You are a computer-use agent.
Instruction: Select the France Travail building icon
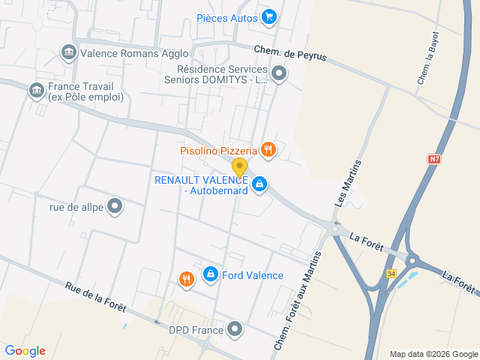pyautogui.click(x=36, y=91)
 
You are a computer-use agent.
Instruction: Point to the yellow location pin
pyautogui.click(x=239, y=167)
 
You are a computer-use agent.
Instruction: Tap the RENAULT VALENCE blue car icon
pyautogui.click(x=259, y=184)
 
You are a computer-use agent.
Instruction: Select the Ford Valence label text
pyautogui.click(x=253, y=275)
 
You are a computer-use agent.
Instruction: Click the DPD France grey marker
pyautogui.click(x=235, y=329)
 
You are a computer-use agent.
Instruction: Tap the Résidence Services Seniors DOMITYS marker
pyautogui.click(x=279, y=73)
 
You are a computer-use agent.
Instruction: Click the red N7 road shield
pyautogui.click(x=435, y=159)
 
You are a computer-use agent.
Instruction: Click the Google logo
pyautogui.click(x=25, y=350)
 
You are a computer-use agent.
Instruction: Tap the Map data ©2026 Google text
pyautogui.click(x=433, y=354)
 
